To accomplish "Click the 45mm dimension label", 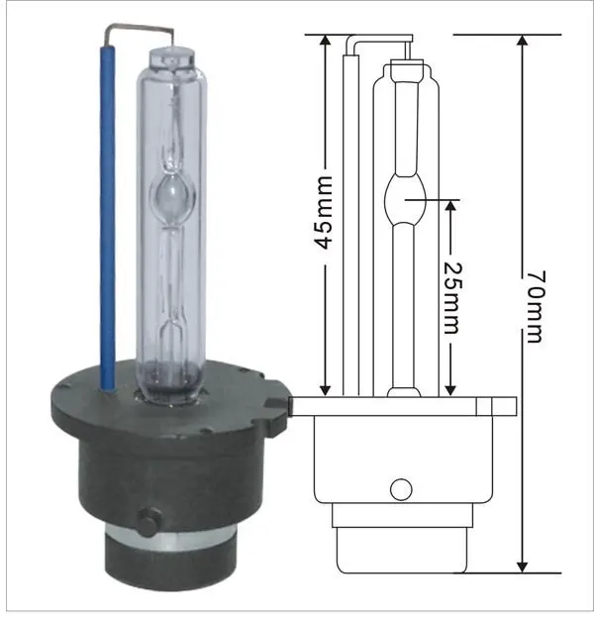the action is point(325,213).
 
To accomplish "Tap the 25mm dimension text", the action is point(452,298).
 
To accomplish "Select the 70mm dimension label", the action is point(536,307).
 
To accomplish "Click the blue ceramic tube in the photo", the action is point(107,218).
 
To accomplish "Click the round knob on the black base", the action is point(148,522).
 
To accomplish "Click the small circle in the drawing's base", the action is point(401,489).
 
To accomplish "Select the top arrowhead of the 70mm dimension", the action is point(523,41).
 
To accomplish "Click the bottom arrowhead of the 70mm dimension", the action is point(523,567).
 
